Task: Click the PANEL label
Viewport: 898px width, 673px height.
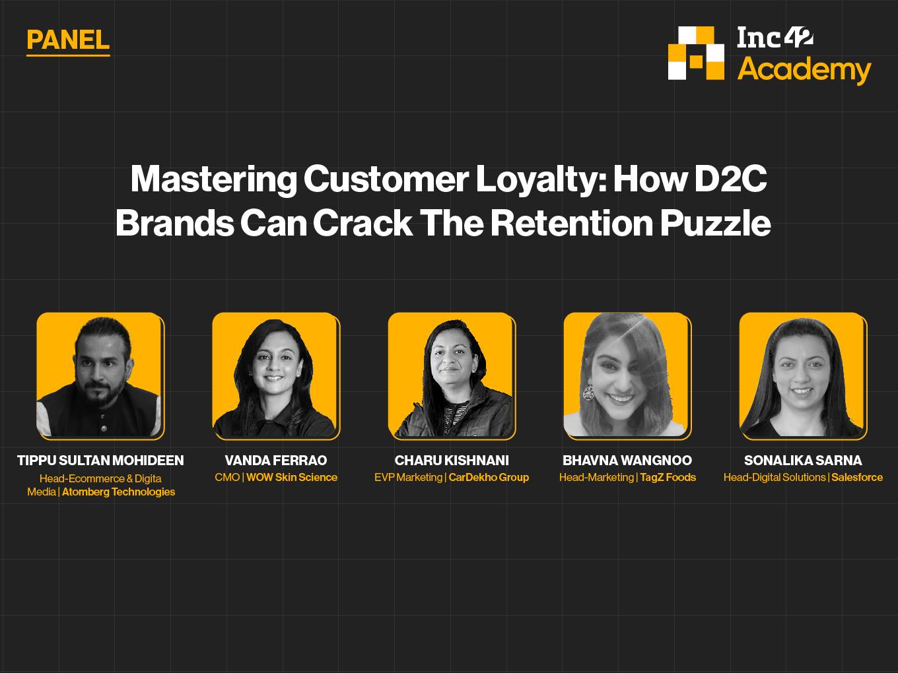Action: (68, 40)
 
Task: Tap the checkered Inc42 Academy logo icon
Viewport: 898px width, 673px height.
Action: (696, 53)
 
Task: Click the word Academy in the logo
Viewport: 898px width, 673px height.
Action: (804, 70)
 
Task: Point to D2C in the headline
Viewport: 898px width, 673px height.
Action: (731, 179)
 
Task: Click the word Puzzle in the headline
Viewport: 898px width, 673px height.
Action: (716, 224)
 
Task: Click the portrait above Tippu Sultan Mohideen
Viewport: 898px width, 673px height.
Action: (100, 376)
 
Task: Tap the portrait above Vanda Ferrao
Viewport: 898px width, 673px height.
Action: (276, 376)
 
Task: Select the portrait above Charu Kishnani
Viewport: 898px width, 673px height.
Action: (452, 376)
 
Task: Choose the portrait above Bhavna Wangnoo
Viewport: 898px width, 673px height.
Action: (627, 376)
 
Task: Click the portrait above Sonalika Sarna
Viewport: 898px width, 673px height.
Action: (803, 376)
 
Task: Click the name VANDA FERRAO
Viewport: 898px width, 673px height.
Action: (276, 461)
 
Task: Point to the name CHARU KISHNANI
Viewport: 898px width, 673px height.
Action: (452, 461)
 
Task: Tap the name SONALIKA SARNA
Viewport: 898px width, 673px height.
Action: (803, 461)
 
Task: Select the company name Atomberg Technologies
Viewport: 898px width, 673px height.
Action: (119, 492)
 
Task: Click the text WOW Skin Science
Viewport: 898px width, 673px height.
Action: (292, 477)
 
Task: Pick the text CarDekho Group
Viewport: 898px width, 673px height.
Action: (489, 477)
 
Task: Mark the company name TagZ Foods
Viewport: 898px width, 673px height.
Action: (668, 477)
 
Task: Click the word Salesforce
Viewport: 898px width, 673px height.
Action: (857, 477)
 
